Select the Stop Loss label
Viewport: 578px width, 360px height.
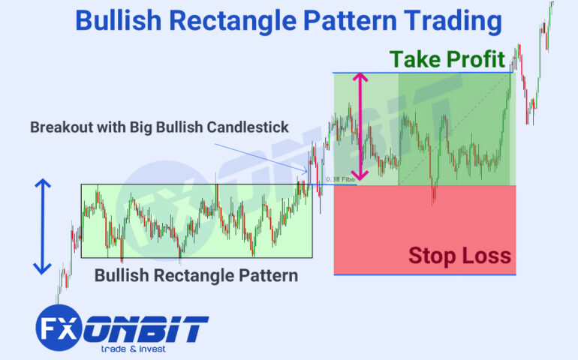(x=459, y=256)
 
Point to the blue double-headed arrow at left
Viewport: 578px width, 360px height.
(x=43, y=226)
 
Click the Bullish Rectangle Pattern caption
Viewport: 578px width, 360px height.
(x=196, y=275)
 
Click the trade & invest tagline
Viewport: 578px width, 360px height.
(x=134, y=349)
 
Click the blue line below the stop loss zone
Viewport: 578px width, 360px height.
(x=424, y=274)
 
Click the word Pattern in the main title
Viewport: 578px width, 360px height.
(x=350, y=21)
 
